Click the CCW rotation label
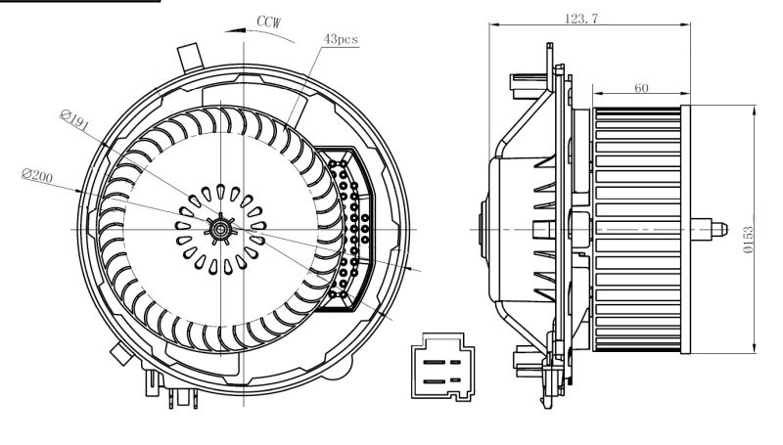click(x=270, y=20)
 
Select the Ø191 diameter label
click(x=74, y=122)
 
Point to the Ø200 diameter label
click(x=38, y=176)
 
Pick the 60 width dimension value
click(x=641, y=88)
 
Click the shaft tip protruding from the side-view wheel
click(x=717, y=231)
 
